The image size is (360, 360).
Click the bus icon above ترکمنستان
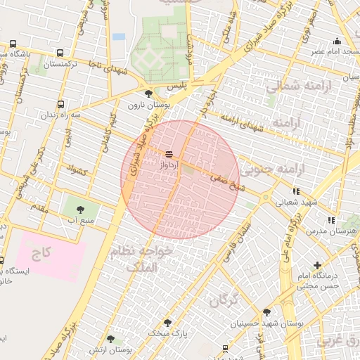click(x=60, y=53)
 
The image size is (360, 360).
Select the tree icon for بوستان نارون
click(x=148, y=93)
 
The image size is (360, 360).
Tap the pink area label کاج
click(x=42, y=251)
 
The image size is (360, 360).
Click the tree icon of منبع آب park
click(x=79, y=209)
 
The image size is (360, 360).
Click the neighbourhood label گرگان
click(x=224, y=300)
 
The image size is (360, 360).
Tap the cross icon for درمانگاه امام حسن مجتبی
click(x=318, y=266)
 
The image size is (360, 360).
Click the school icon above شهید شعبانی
click(x=295, y=191)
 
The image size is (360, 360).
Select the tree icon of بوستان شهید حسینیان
click(x=266, y=312)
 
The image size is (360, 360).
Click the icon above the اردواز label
click(x=169, y=153)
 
